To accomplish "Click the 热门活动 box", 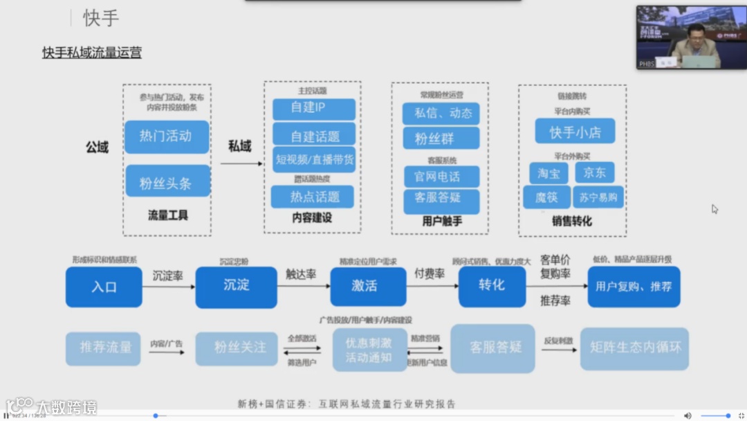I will pos(166,136).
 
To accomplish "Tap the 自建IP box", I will pos(313,109).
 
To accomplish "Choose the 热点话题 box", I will pos(313,197).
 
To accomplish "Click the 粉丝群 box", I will pos(441,138).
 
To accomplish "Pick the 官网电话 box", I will pos(441,177).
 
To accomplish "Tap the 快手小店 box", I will pos(574,132).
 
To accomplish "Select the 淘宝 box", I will pos(548,173).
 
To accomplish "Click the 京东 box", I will pos(594,172).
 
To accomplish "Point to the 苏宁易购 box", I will pos(598,197).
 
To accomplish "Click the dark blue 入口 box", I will pos(104,287).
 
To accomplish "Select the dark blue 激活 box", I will pos(368,286).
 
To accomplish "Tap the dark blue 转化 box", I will pos(492,286).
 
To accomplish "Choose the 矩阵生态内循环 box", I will pos(634,348).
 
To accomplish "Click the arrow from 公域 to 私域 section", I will pos(241,164).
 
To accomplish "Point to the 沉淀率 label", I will pos(168,275).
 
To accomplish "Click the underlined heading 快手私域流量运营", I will pos(92,53).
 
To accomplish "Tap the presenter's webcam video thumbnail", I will pos(690,37).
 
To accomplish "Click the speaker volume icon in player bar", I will pos(688,415).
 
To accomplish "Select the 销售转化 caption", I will pos(571,222).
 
